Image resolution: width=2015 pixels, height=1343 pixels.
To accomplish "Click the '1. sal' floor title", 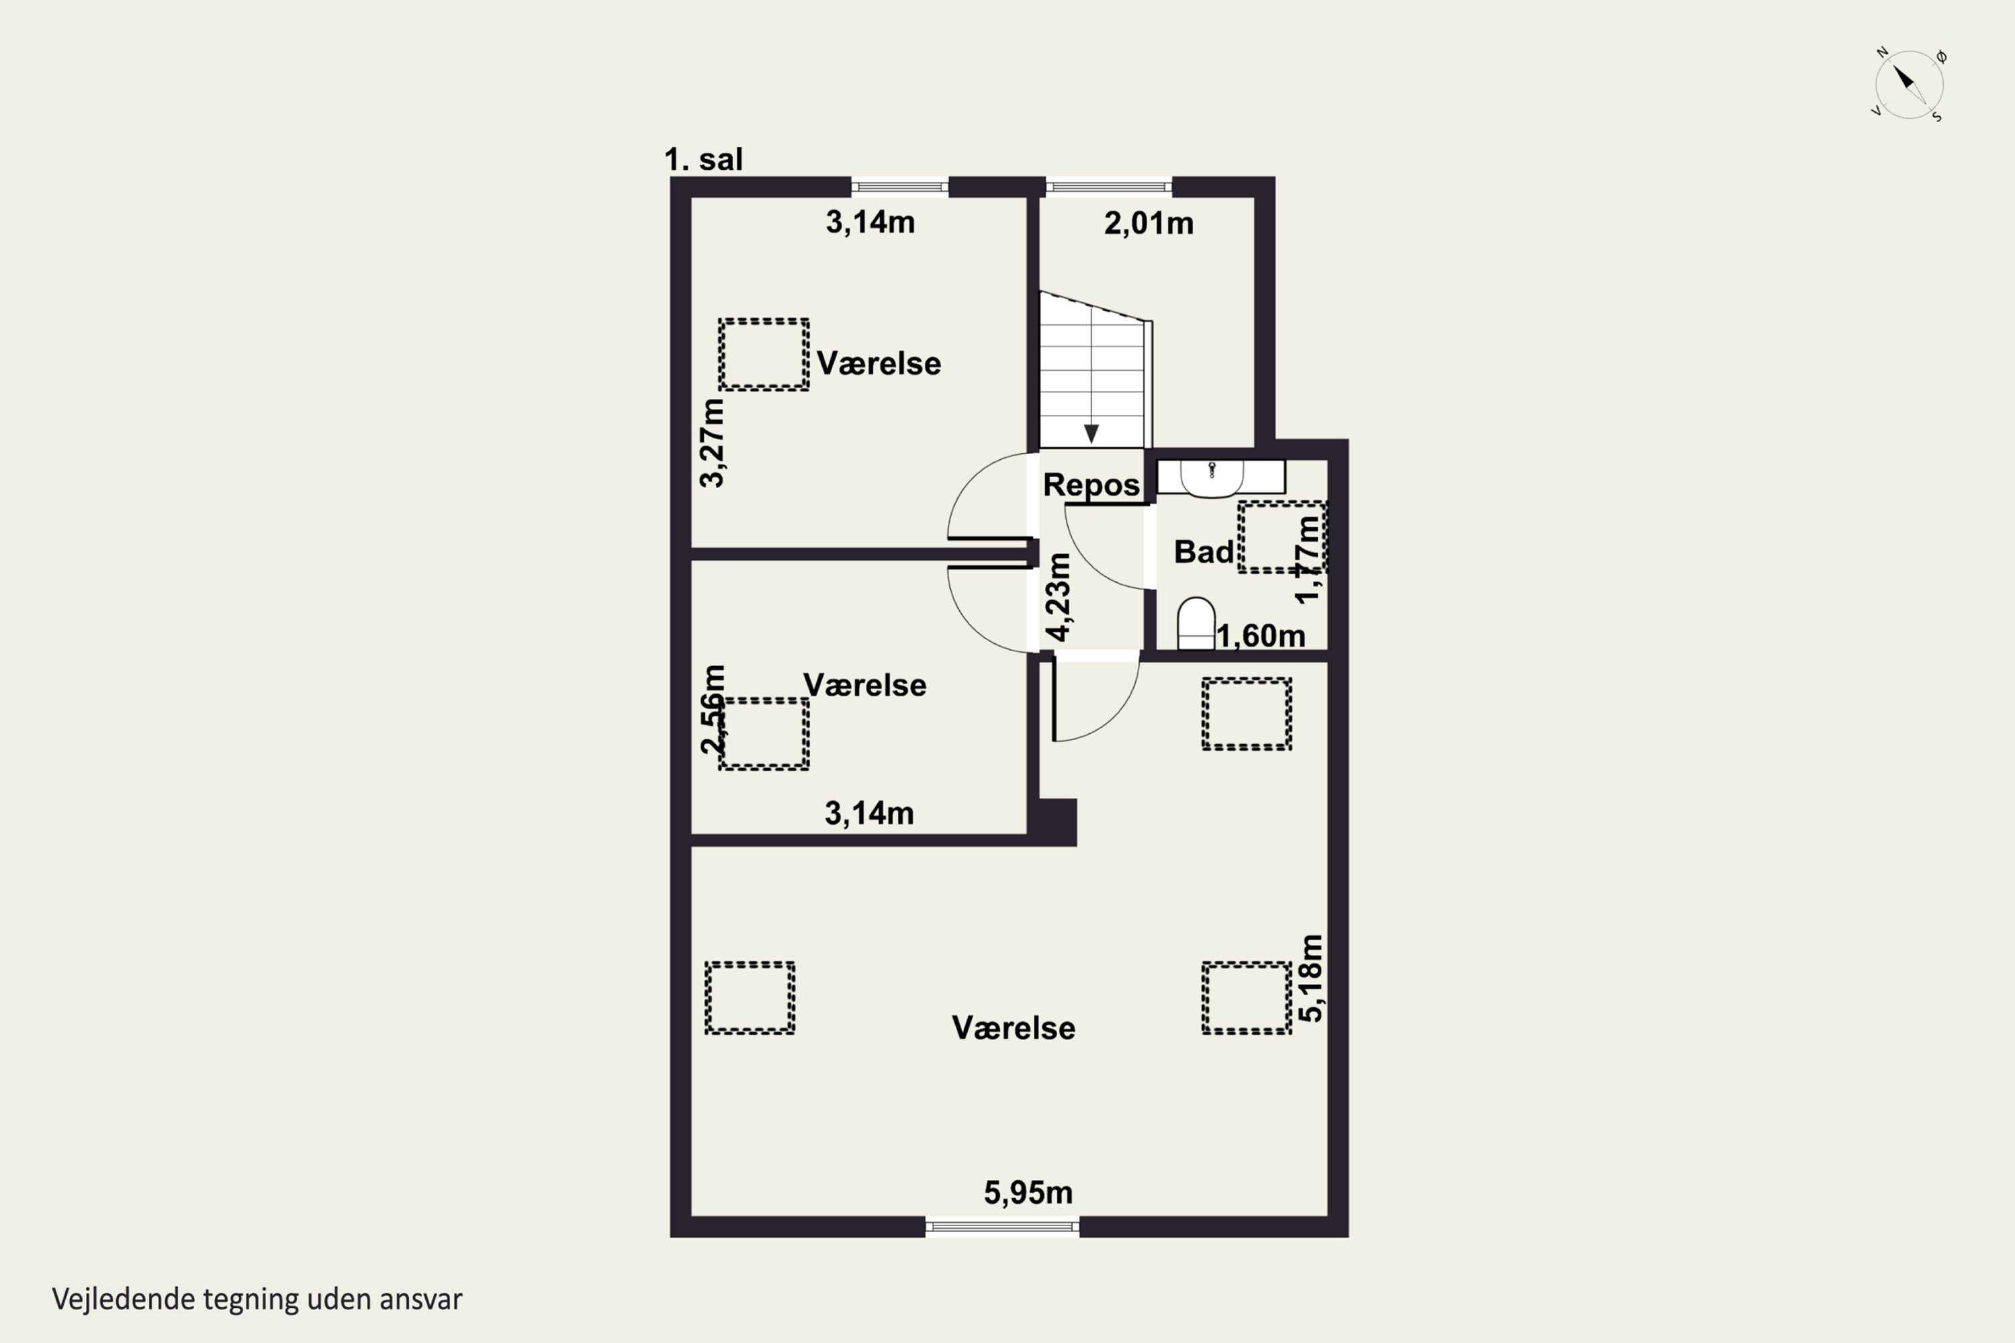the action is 703,159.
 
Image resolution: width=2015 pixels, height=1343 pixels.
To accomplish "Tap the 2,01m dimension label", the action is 1148,224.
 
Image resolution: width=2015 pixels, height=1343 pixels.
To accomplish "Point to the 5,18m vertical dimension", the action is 1311,978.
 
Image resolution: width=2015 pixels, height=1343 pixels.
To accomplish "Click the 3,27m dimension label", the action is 712,443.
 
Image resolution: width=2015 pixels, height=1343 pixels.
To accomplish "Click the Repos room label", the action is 1091,485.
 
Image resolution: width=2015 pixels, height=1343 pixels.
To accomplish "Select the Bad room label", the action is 1204,551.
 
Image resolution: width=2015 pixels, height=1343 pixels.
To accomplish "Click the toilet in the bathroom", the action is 1196,624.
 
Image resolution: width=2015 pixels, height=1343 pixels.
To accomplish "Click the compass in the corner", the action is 1909,85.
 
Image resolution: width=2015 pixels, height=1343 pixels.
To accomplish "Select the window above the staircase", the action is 1109,186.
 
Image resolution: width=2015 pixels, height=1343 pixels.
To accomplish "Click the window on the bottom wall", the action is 1002,1228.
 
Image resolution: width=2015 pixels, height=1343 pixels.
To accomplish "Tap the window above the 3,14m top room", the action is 899,186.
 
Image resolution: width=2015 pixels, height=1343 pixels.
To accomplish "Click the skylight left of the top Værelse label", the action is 763,355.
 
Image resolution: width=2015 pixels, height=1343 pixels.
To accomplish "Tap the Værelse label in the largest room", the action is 1014,1028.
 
